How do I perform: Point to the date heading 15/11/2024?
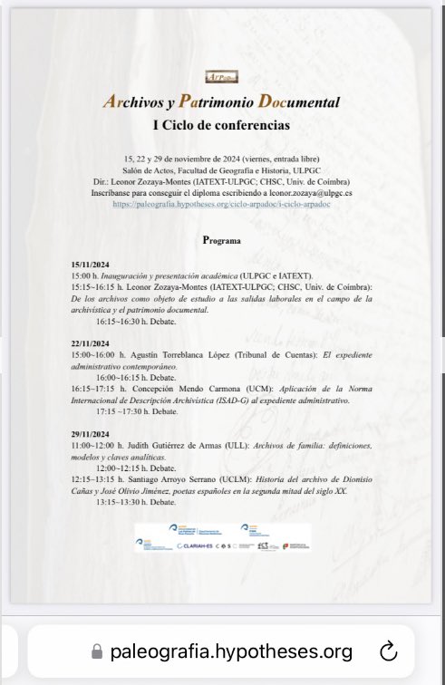[92, 265]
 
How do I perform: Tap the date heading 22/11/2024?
[92, 345]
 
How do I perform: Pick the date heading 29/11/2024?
[92, 435]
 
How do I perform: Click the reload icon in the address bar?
[387, 651]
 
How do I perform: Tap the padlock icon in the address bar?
[98, 651]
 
